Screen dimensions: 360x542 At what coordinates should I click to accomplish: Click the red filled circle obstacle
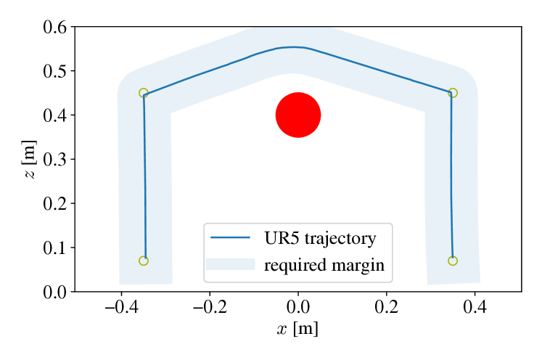click(x=298, y=115)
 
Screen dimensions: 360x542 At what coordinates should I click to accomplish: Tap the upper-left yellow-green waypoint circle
click(x=144, y=93)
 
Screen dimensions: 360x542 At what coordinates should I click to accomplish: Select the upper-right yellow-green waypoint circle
click(x=453, y=93)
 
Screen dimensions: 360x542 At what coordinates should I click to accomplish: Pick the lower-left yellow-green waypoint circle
click(x=144, y=261)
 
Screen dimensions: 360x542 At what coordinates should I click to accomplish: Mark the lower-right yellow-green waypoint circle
click(x=453, y=261)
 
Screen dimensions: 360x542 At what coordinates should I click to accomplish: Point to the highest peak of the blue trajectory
click(x=293, y=47)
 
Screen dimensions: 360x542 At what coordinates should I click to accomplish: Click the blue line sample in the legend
click(x=230, y=238)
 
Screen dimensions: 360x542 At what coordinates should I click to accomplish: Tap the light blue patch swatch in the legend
click(x=230, y=264)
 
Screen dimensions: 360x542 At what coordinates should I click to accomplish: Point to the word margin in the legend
click(x=358, y=265)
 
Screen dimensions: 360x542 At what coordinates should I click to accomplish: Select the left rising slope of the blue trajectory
click(x=203, y=73)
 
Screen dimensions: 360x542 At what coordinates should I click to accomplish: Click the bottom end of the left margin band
click(x=146, y=279)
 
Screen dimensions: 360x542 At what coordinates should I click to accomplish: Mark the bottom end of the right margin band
click(x=454, y=279)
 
